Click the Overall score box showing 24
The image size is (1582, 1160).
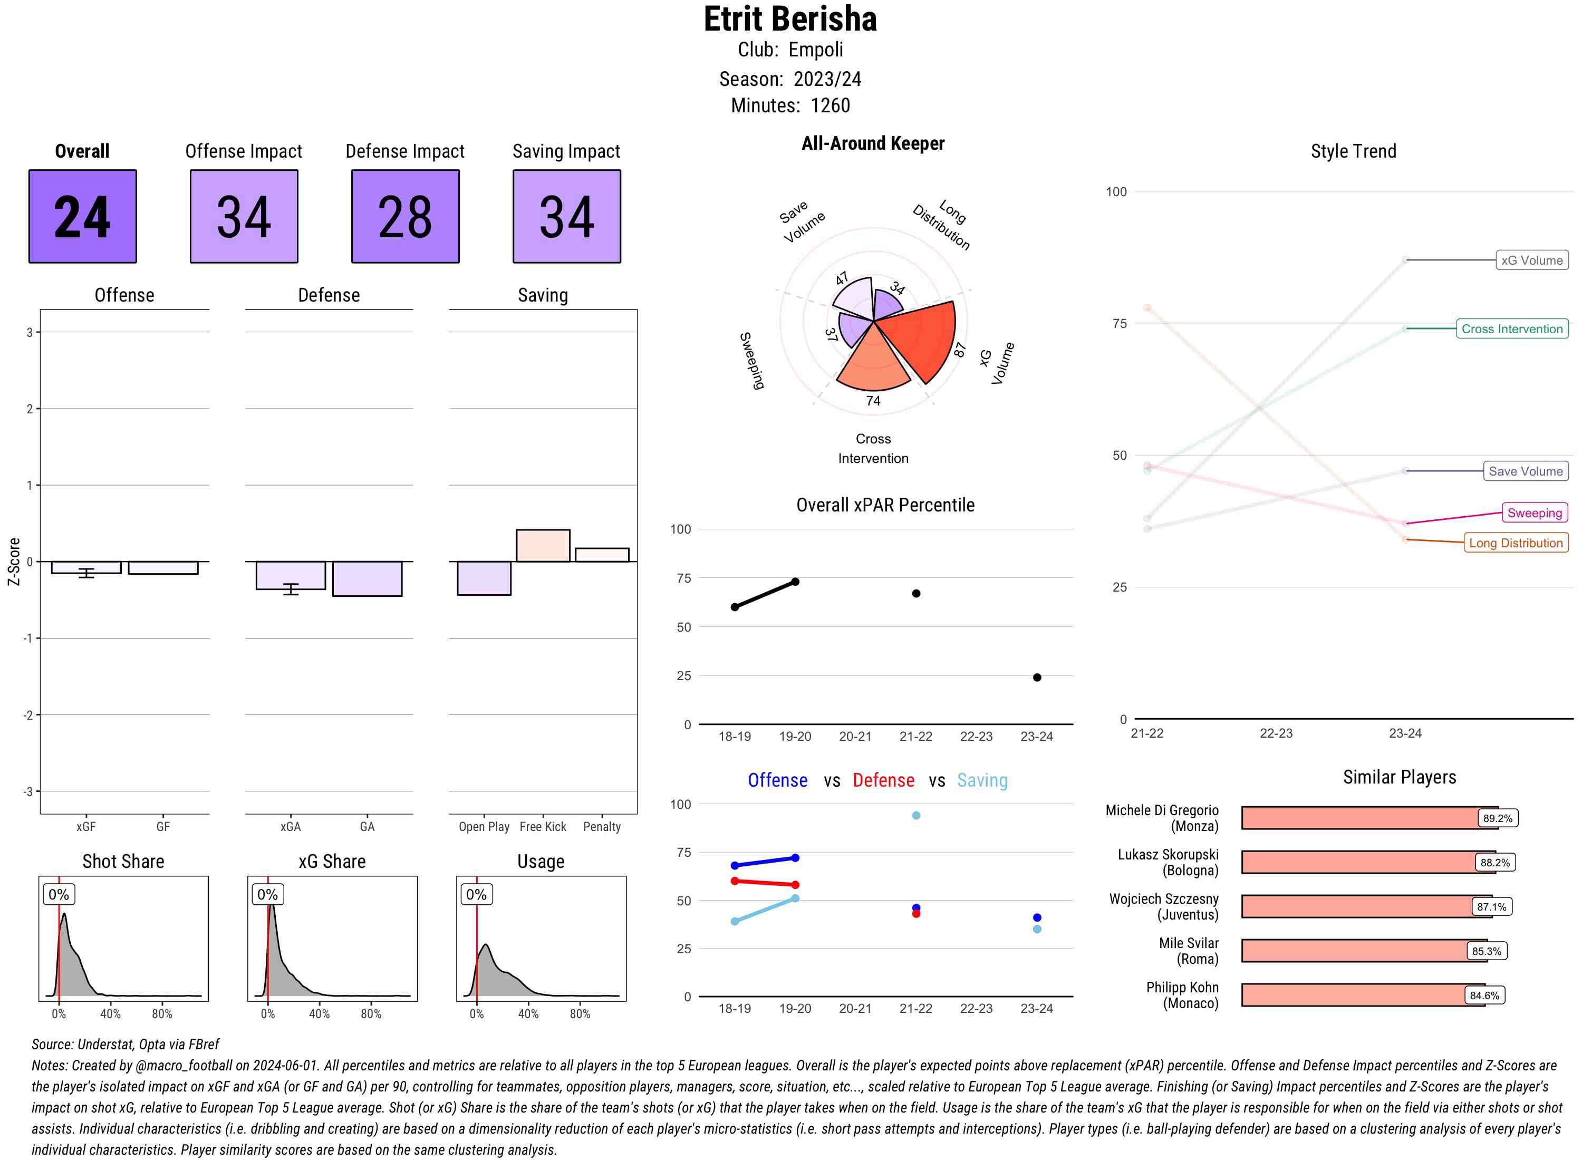(x=82, y=216)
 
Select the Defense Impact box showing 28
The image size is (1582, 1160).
(x=405, y=216)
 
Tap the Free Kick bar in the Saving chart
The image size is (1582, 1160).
(x=543, y=546)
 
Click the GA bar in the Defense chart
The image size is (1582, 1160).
(x=367, y=578)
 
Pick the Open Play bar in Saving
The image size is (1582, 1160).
(x=484, y=578)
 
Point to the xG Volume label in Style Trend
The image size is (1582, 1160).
(x=1531, y=260)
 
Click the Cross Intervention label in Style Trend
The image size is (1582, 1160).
(x=1512, y=328)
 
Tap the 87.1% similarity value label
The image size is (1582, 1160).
(x=1491, y=906)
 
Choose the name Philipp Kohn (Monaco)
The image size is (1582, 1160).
(x=1182, y=995)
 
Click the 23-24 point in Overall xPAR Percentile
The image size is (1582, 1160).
(x=1037, y=678)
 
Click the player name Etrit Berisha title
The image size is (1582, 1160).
(x=790, y=19)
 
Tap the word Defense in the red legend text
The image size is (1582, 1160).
(x=883, y=780)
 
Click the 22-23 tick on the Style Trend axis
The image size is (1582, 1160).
(x=1276, y=733)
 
